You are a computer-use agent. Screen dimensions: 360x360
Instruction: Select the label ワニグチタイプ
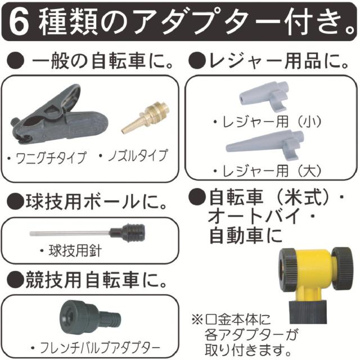(x=51, y=157)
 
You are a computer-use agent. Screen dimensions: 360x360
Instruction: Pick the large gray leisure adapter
(x=264, y=144)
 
